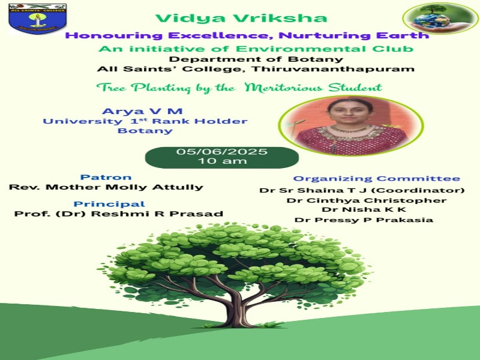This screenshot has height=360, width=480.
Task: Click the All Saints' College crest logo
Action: tap(38, 19)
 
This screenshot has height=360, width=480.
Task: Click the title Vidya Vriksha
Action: tap(241, 18)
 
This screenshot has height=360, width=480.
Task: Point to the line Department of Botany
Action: tap(256, 59)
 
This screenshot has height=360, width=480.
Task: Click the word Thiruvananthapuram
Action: tap(333, 69)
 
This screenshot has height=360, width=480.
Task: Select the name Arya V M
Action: tap(142, 111)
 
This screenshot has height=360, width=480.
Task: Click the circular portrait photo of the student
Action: tap(351, 126)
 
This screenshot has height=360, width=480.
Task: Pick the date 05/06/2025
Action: tap(222, 152)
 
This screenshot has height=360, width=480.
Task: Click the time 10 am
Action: tap(222, 161)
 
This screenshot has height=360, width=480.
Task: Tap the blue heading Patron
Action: tap(106, 177)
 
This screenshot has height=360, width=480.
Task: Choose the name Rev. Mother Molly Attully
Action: tap(106, 187)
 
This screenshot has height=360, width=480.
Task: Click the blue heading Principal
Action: tap(109, 204)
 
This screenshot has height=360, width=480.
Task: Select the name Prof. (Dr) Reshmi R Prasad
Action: tap(118, 214)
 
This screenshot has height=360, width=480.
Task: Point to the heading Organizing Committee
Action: tap(377, 178)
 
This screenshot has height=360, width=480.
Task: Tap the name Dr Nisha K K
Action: tap(364, 209)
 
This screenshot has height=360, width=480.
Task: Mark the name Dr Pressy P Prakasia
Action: tap(364, 220)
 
